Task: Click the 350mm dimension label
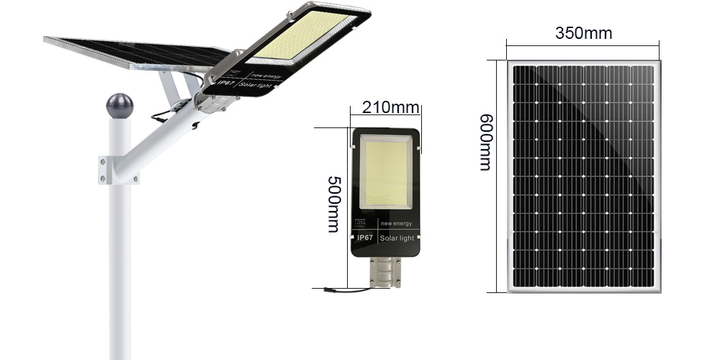pyautogui.click(x=583, y=34)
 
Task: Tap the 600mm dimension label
pyautogui.click(x=485, y=143)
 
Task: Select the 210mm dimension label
pyautogui.click(x=390, y=107)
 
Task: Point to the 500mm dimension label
pyautogui.click(x=334, y=204)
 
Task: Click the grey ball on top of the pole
pyautogui.click(x=120, y=106)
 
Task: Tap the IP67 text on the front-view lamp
pyautogui.click(x=365, y=238)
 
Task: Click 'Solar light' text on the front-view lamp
pyautogui.click(x=397, y=238)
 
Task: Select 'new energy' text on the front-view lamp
pyautogui.click(x=396, y=224)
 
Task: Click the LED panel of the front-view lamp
pyautogui.click(x=386, y=172)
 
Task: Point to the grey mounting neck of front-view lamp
pyautogui.click(x=385, y=272)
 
